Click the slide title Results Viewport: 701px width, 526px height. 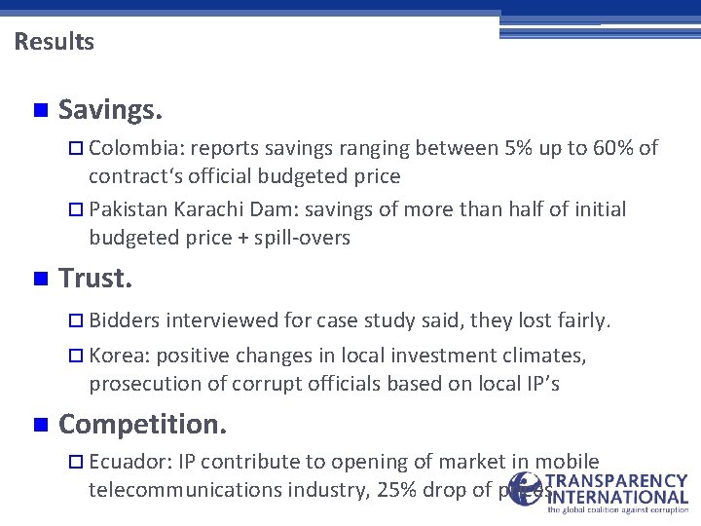(x=55, y=42)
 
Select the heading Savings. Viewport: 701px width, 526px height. (x=110, y=110)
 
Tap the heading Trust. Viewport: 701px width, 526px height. (x=95, y=280)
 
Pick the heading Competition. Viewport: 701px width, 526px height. (x=143, y=424)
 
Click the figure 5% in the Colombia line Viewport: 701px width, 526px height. (x=517, y=148)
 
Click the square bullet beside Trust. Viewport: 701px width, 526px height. (x=39, y=281)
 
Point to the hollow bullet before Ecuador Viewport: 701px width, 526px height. (x=79, y=463)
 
